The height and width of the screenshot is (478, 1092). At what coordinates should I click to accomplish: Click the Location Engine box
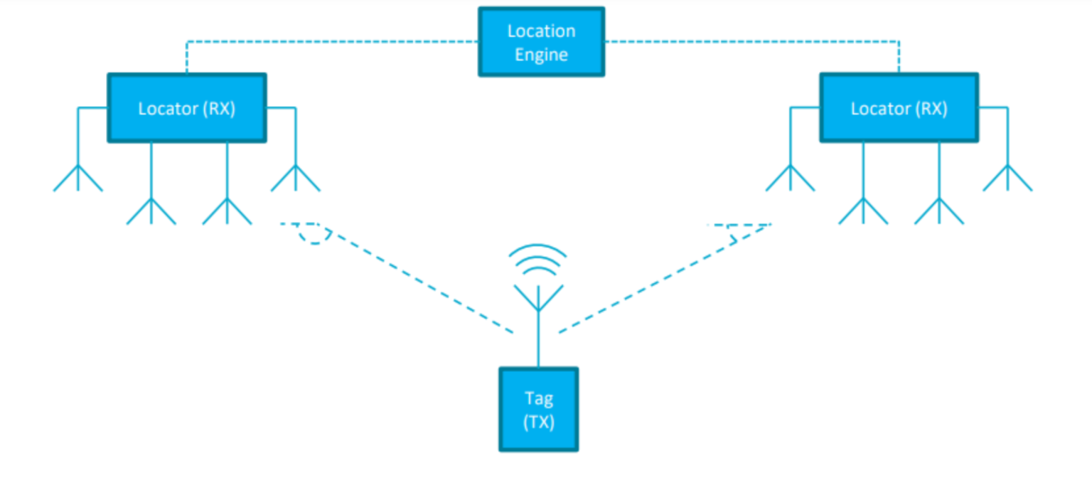click(x=541, y=42)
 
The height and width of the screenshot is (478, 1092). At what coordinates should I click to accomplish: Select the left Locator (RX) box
click(x=187, y=108)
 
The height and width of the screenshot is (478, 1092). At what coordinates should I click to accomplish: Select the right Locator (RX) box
click(x=899, y=108)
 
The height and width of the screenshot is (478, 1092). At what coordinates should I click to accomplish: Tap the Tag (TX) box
click(x=538, y=409)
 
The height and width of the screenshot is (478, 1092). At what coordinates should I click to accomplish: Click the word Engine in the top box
click(x=541, y=55)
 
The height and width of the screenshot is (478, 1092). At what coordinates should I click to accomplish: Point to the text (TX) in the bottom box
click(x=538, y=421)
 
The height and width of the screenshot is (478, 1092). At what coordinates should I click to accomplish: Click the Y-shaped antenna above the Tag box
click(x=538, y=299)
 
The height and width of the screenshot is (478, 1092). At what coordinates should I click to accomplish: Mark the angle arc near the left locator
click(x=314, y=238)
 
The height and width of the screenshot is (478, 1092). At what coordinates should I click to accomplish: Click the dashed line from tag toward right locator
click(x=661, y=281)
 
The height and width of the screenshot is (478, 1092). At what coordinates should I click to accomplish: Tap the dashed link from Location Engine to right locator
click(x=754, y=42)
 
